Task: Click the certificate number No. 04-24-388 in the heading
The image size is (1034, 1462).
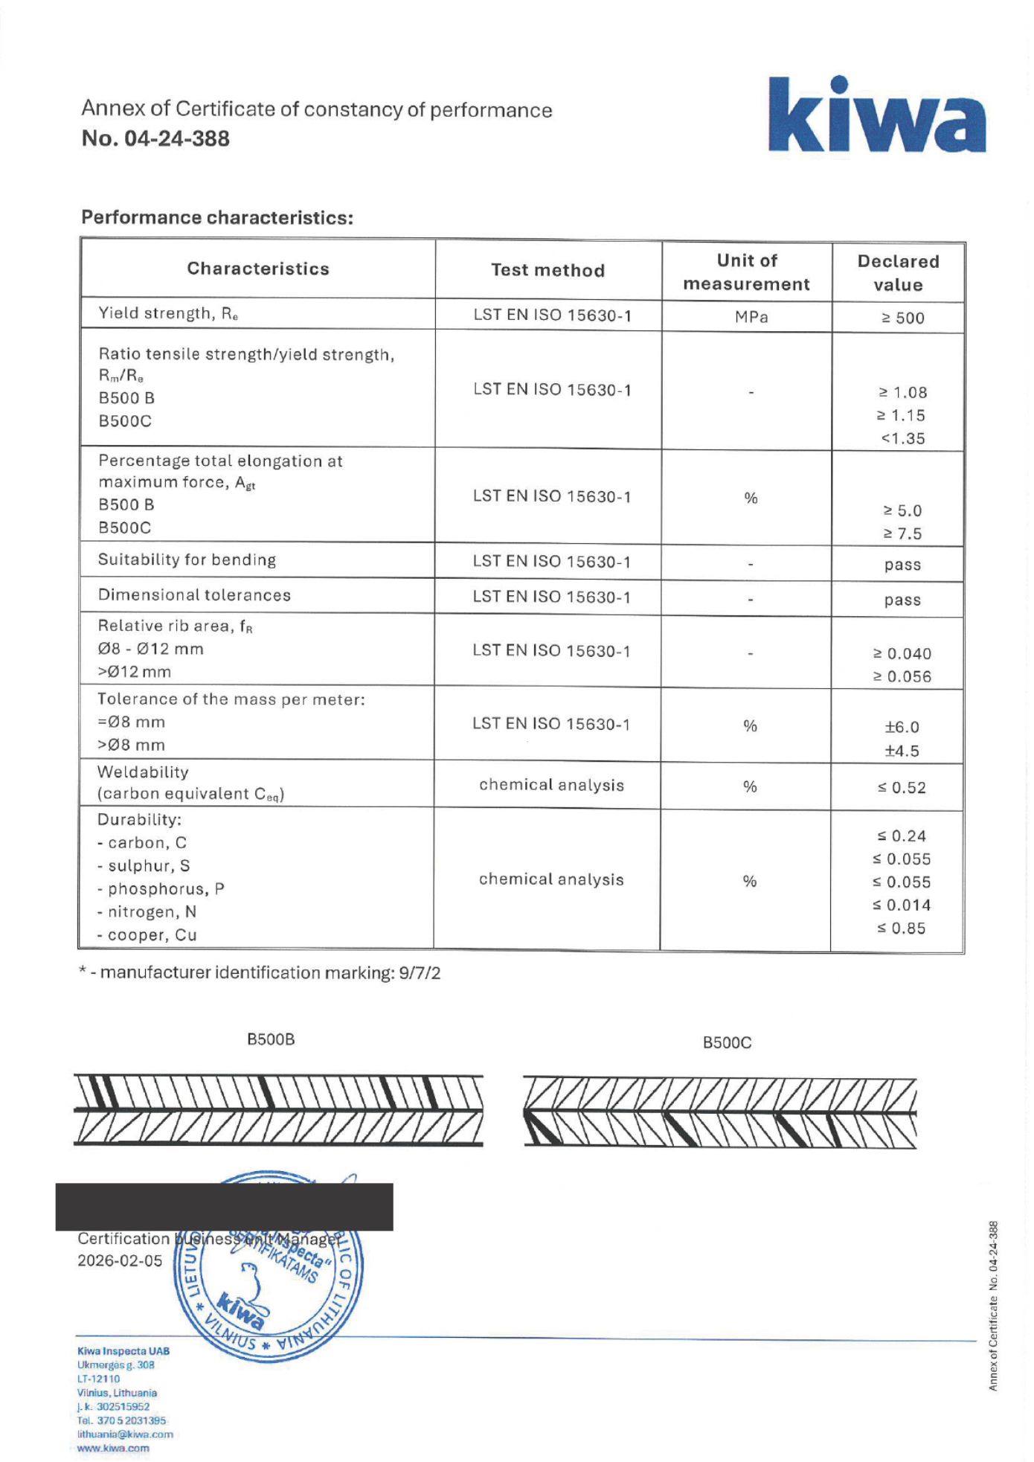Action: (x=155, y=138)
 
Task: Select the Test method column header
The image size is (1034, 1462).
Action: (x=547, y=270)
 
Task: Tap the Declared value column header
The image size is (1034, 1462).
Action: (x=898, y=272)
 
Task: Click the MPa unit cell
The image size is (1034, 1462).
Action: (x=751, y=317)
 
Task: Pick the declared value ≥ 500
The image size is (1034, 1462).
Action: (x=902, y=318)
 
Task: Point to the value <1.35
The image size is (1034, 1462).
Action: (x=902, y=438)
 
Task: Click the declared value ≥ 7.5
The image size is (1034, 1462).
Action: (x=902, y=533)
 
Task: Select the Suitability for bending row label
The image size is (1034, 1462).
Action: (x=187, y=560)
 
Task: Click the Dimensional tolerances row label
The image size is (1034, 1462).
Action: (x=194, y=595)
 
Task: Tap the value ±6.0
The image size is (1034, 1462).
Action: (x=902, y=727)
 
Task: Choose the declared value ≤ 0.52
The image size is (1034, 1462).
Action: (x=902, y=787)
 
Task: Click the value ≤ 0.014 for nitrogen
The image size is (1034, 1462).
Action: (x=902, y=905)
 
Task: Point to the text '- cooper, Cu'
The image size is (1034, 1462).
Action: (x=147, y=935)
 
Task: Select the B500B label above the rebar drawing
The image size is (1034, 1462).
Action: (x=271, y=1039)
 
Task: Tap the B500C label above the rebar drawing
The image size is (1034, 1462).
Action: (x=727, y=1042)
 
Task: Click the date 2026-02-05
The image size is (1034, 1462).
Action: (x=120, y=1260)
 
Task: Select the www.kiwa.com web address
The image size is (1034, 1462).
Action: (x=113, y=1448)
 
